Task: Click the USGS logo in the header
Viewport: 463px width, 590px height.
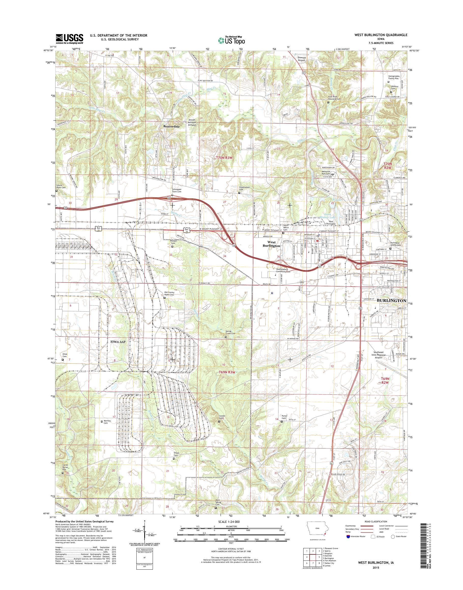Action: coord(69,39)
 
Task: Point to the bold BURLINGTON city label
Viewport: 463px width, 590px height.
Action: coord(392,301)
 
